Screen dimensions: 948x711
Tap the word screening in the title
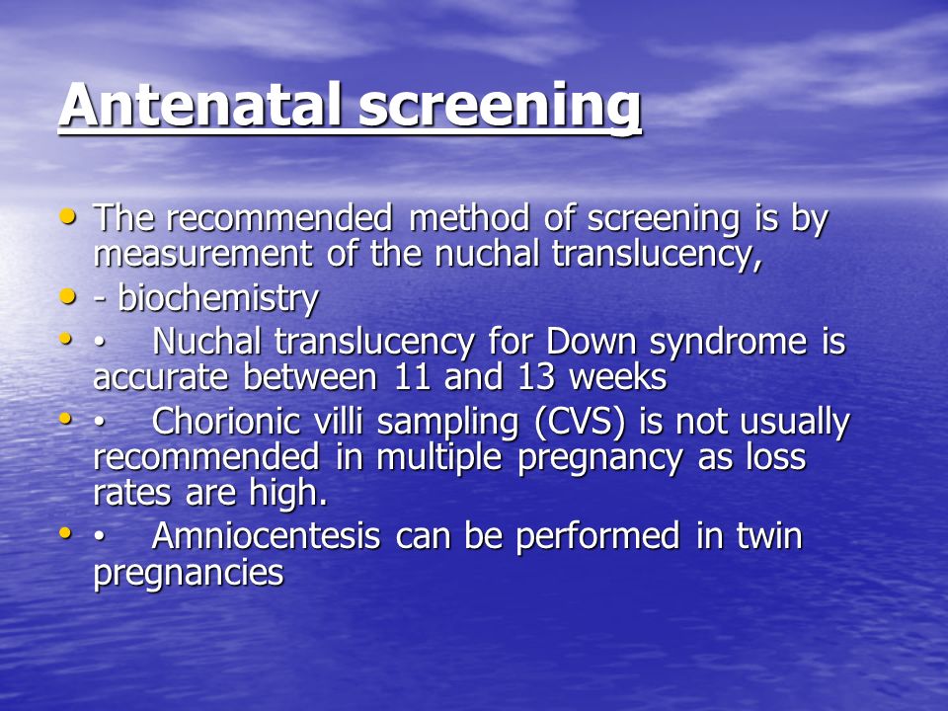pos(500,107)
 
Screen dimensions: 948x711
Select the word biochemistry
pos(218,298)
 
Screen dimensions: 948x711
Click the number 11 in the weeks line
pos(412,376)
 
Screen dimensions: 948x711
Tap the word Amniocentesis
pos(266,535)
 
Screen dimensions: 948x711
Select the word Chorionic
pos(226,421)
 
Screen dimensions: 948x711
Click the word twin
pos(769,535)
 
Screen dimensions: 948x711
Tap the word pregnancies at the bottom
pos(189,573)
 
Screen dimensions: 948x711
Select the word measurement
pos(203,254)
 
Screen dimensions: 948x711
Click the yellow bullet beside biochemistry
pos(68,296)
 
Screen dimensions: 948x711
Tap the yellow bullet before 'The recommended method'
pos(68,216)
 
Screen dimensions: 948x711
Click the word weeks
pos(618,376)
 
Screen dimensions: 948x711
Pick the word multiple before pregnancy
pos(438,457)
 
